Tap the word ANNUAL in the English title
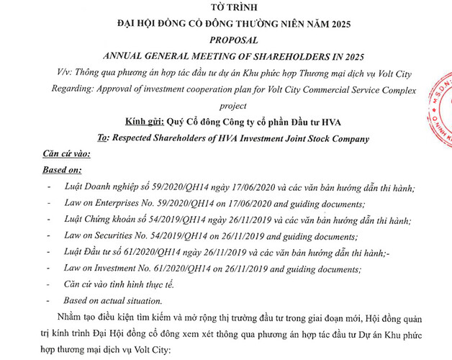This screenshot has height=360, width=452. pyautogui.click(x=127, y=56)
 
